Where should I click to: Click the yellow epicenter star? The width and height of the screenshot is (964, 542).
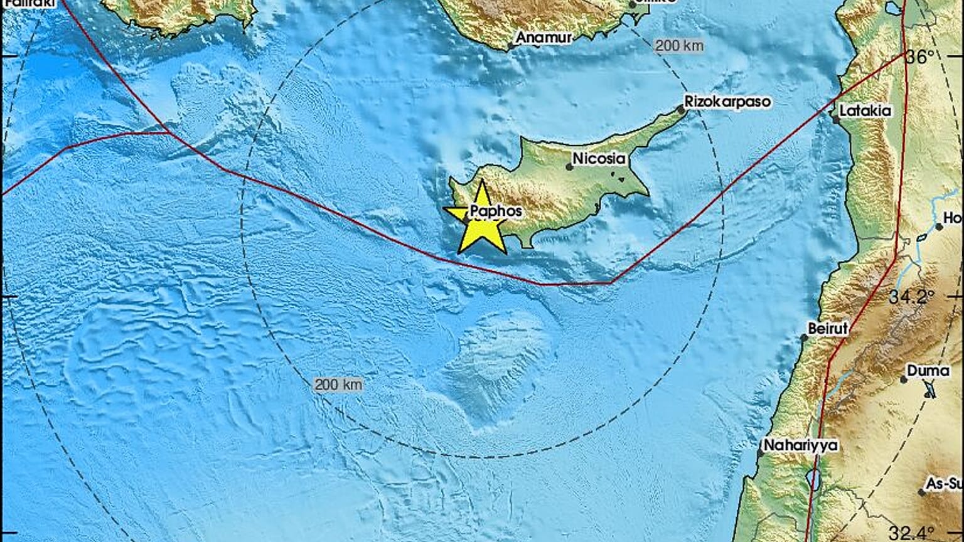482,219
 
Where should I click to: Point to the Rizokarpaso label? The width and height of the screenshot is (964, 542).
727,102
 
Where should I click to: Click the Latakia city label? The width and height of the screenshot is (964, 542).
865,110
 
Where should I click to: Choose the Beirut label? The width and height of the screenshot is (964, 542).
828,328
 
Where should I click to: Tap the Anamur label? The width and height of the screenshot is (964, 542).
544,38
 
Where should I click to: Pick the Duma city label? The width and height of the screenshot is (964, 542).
929,371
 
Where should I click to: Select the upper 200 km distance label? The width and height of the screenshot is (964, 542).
679,46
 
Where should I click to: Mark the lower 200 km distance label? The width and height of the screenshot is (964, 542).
338,385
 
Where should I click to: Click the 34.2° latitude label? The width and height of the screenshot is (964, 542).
908,296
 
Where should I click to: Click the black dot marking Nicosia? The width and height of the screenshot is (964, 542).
570,167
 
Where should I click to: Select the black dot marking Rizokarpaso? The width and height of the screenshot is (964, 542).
681,110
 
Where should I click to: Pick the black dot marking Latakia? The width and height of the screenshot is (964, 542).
835,119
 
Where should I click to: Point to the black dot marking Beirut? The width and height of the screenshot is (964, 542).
804,337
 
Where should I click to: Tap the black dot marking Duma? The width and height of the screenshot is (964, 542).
904,379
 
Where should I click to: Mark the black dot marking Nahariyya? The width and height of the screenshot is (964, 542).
760,452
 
